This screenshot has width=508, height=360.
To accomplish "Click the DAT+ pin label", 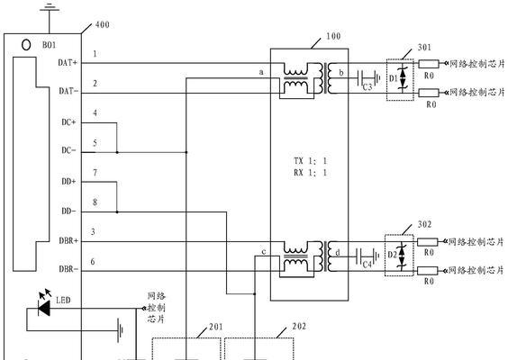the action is [x=68, y=63].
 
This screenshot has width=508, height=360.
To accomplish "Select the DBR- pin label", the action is [x=68, y=269].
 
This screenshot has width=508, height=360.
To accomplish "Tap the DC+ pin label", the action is [x=68, y=122].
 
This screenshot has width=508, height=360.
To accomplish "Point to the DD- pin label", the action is [x=68, y=211].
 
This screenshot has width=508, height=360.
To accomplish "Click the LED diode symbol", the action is [x=44, y=308].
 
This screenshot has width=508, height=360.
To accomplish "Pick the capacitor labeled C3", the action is [x=366, y=78].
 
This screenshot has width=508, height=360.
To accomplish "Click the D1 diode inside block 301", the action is [x=403, y=78].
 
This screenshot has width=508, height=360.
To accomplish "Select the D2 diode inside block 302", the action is [x=402, y=256].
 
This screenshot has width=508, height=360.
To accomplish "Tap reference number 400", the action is [x=103, y=24].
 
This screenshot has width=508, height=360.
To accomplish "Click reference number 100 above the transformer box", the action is [x=333, y=36].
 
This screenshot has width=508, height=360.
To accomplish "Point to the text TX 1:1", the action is [x=310, y=161].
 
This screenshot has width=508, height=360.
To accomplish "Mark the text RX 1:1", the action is [x=310, y=173].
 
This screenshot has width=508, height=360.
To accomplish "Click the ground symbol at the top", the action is [x=50, y=8].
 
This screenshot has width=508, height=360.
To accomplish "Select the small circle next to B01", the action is [x=26, y=45].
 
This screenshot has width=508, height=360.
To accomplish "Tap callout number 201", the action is [x=216, y=327].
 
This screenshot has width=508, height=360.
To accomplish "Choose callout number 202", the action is [x=299, y=327].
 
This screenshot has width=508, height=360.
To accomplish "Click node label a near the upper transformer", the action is [x=261, y=72].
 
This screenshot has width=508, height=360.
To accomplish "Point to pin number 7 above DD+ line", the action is [x=95, y=173].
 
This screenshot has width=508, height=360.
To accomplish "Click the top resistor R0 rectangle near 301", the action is [x=429, y=64].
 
